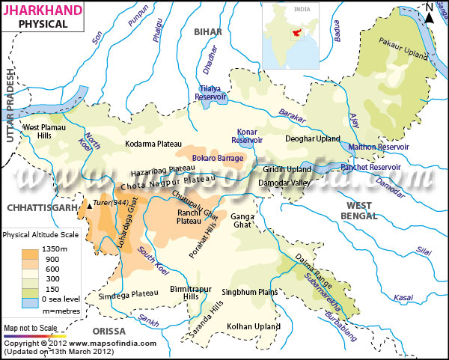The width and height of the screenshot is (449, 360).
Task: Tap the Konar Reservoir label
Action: point(251,135)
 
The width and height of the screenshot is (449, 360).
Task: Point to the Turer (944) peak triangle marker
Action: point(91,204)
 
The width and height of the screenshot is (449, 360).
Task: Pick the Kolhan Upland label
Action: point(253,326)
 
